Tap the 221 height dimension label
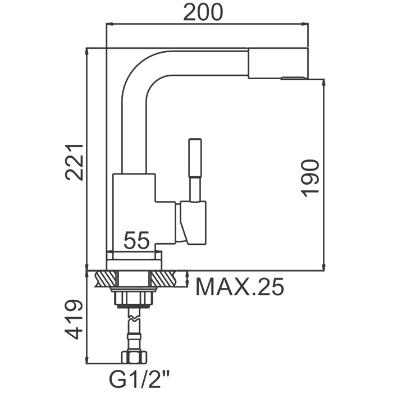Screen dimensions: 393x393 tap(75, 162)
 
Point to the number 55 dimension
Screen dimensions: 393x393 tap(137, 241)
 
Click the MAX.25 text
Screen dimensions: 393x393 tap(240, 287)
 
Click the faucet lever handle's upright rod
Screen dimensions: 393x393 tap(194, 168)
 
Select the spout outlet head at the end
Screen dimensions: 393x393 tap(278, 63)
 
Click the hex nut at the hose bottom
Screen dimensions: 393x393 tap(134, 356)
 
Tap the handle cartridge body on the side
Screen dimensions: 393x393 tap(192, 222)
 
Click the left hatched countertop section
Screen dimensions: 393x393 tap(104, 277)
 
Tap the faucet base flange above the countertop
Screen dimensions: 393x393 tap(134, 260)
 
